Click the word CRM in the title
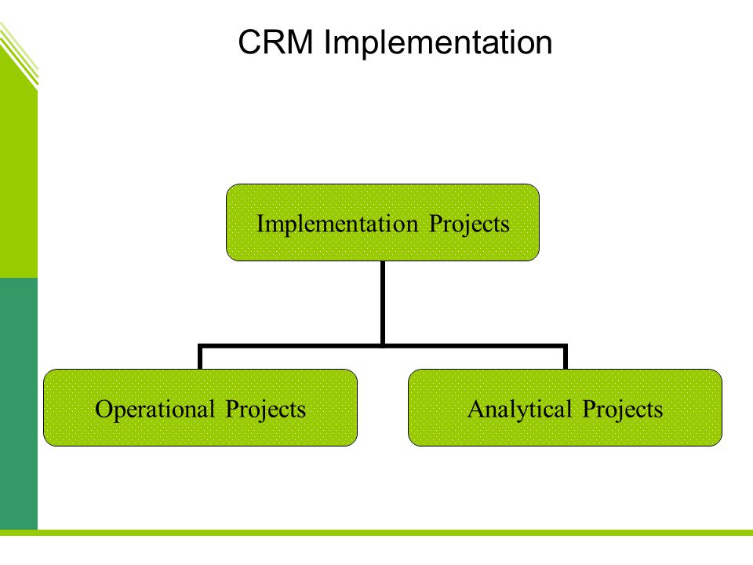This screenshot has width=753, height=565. point(275,42)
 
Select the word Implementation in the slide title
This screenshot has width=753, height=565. point(438,43)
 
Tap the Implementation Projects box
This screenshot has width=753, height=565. point(383,222)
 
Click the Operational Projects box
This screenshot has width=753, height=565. point(200,407)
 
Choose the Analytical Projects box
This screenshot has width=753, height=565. point(566,407)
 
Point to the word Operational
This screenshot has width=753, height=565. point(155,410)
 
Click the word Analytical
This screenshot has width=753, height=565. point(519,410)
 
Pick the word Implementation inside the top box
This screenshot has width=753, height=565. point(337,224)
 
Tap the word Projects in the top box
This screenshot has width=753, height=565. point(469,224)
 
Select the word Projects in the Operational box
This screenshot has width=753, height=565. point(266,410)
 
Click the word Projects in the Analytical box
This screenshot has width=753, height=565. point(622,410)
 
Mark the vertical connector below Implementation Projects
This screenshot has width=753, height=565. point(383,303)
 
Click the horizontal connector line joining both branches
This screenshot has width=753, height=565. point(383,345)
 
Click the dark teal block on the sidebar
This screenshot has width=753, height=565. point(19,403)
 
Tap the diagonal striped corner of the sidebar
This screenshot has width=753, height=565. point(19,55)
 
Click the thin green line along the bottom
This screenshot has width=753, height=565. point(376,532)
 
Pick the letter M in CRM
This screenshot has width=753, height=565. point(301,42)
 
